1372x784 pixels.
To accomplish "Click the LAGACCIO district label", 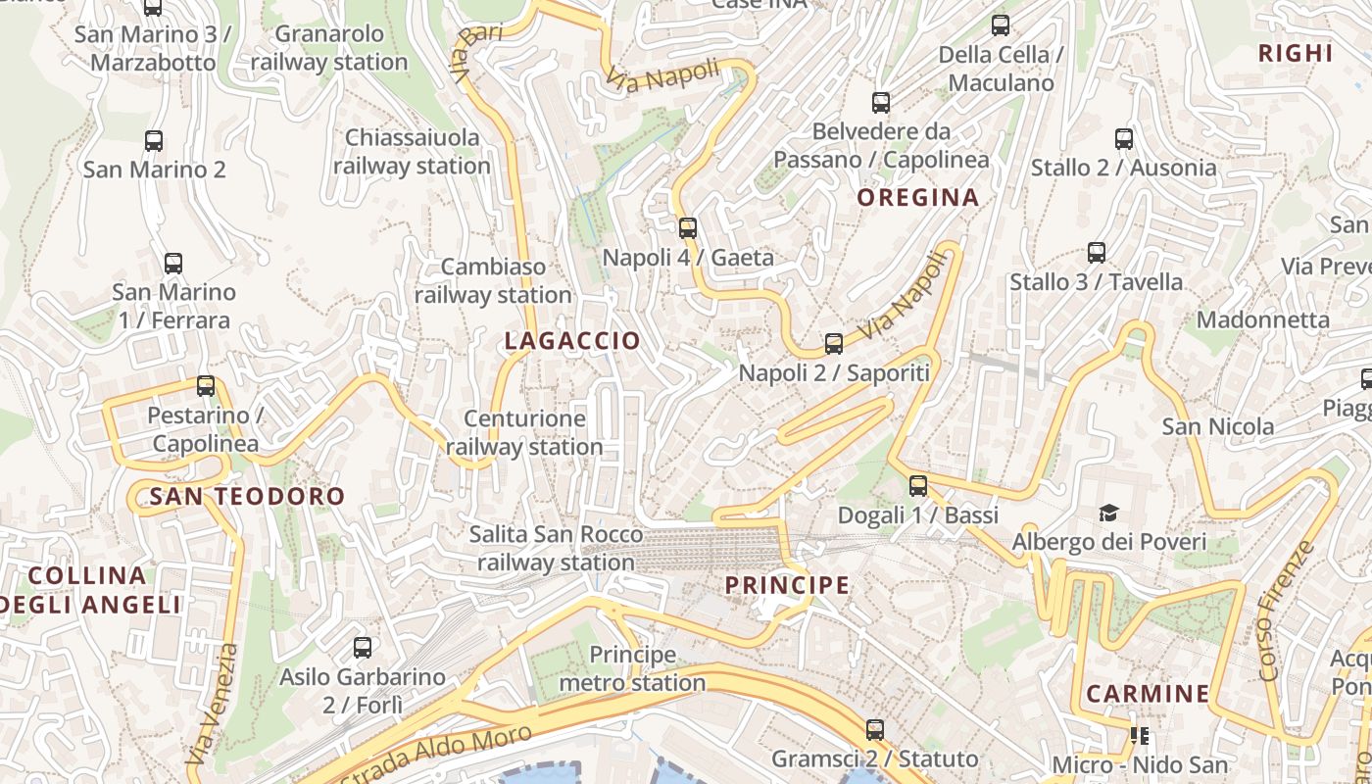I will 572,341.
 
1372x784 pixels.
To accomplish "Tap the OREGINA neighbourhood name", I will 918,198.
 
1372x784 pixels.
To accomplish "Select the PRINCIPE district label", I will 787,586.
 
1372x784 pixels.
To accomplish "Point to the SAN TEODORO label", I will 248,497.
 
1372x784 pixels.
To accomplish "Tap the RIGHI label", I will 1296,54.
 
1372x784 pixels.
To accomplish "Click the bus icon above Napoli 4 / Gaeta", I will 688,228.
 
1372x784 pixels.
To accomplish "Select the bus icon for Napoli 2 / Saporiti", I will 834,344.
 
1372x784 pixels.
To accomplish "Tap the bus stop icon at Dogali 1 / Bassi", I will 918,485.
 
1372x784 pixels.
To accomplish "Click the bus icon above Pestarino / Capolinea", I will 206,386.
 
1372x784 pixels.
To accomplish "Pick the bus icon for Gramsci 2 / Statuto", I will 875,730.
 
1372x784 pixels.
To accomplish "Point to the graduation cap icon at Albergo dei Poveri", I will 1108,513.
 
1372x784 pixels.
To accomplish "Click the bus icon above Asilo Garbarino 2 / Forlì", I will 363,648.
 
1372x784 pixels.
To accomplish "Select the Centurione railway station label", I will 524,433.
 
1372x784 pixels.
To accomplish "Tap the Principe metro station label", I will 633,668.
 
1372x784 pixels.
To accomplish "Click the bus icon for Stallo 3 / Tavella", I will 1097,253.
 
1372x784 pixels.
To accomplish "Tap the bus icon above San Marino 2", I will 154,140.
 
